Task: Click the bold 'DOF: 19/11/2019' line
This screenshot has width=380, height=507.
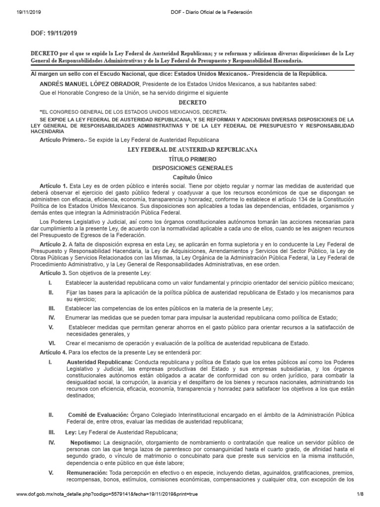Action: [x=54, y=33]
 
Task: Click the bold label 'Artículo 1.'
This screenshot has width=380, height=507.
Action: [x=53, y=186]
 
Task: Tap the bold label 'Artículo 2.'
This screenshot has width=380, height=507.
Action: [x=53, y=244]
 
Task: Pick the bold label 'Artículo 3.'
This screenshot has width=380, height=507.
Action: [x=53, y=273]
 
